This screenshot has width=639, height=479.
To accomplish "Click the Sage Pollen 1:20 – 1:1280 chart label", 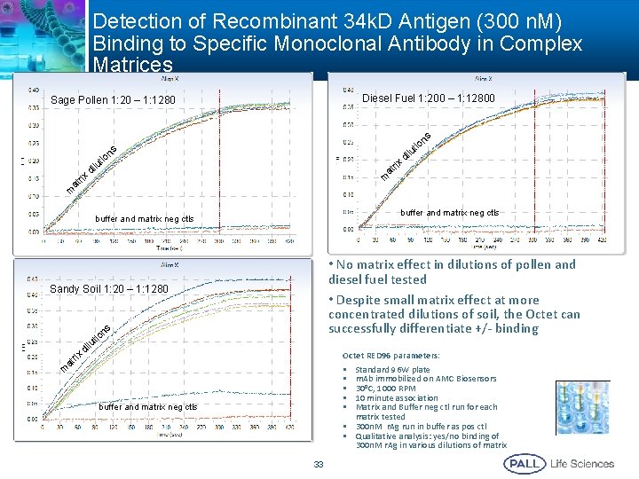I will pos(113,99).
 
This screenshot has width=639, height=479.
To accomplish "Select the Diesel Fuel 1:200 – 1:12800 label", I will pos(429,98).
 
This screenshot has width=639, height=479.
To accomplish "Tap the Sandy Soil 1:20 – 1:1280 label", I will pos(109,289).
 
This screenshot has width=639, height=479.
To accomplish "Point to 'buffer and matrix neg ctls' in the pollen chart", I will pos(144,218).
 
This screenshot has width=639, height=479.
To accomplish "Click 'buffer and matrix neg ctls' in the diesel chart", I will pos(449,213).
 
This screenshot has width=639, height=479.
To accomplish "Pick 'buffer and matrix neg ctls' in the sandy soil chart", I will pos(148,407).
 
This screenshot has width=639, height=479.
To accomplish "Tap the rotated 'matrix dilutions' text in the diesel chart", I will pos(406,153).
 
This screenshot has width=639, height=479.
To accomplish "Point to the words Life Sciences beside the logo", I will pos(582,463).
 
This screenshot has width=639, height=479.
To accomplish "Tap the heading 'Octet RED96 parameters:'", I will pos(391,355).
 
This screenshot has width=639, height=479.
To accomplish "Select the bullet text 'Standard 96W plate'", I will pos(392,369).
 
